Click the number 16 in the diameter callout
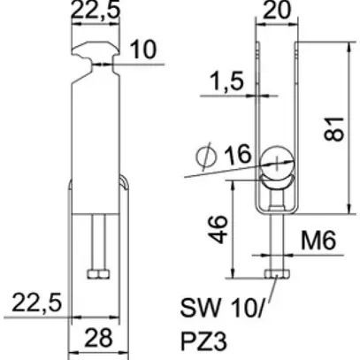pyautogui.click(x=235, y=157)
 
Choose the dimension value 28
pyautogui.click(x=97, y=337)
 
